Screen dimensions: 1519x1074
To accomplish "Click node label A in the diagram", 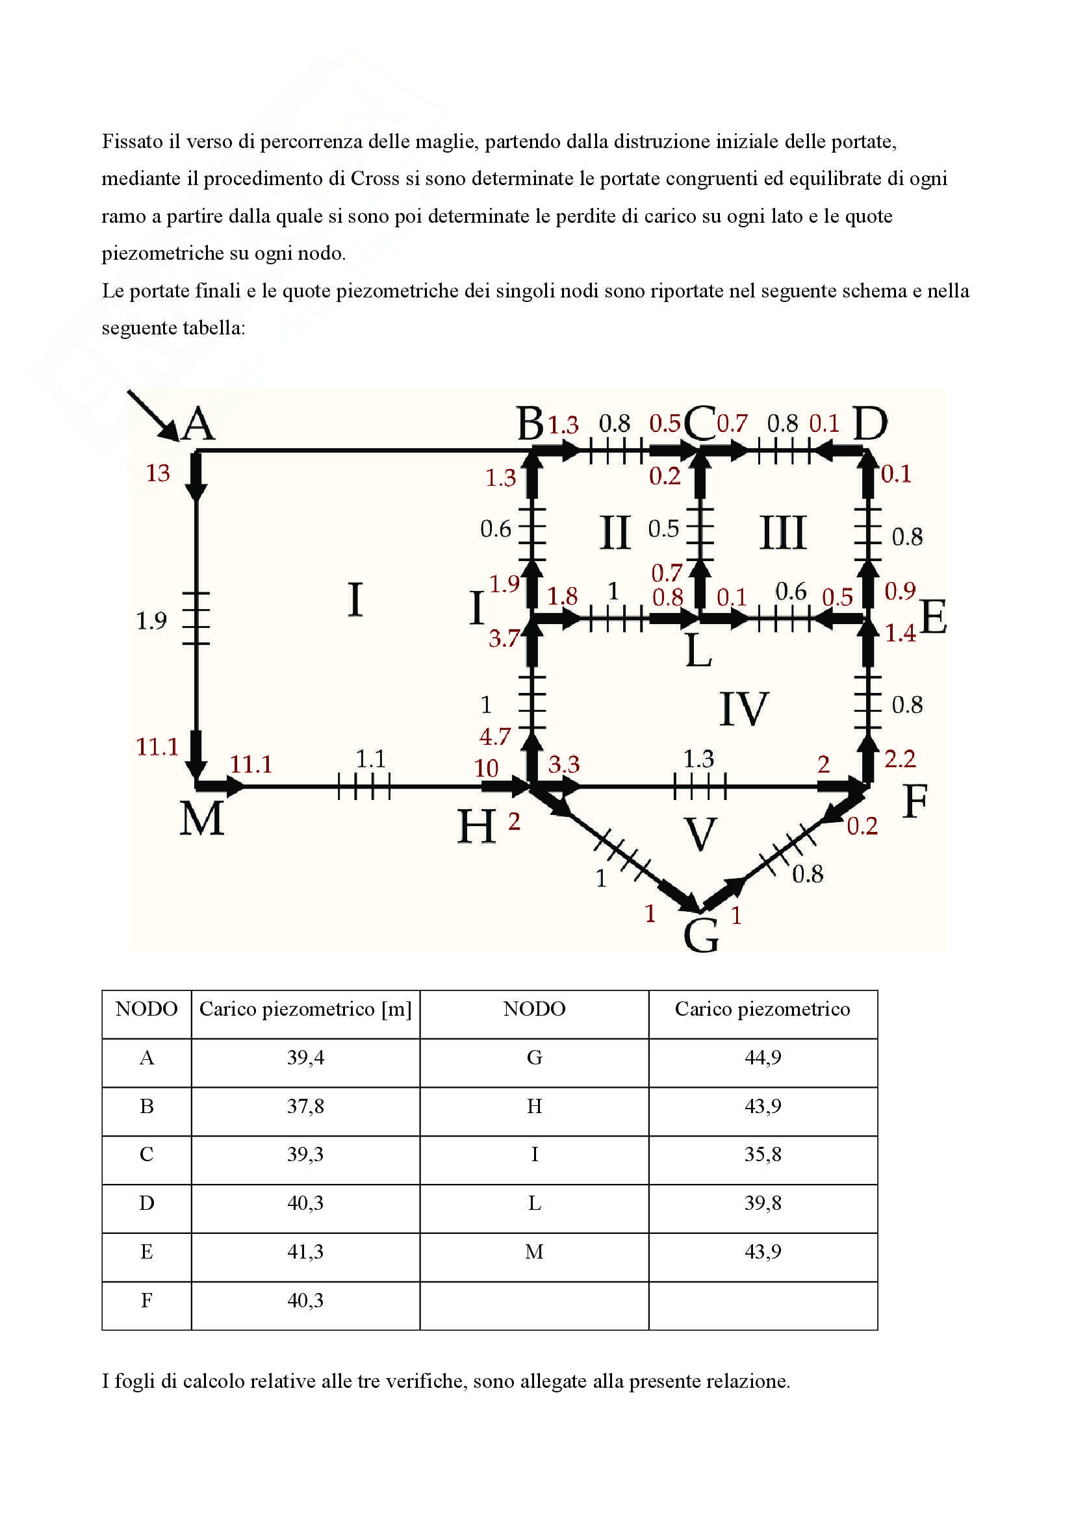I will [x=199, y=424].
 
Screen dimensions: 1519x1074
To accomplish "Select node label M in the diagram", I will [x=202, y=818].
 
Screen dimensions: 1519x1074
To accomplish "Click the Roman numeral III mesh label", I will [x=783, y=533].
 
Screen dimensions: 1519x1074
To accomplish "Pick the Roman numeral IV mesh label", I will [x=744, y=709].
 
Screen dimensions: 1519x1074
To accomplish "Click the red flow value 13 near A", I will [x=157, y=473].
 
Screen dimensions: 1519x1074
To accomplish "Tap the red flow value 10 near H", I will [x=486, y=768].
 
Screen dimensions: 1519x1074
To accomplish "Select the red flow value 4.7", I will [x=495, y=736].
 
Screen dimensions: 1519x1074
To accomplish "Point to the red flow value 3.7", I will [x=504, y=638].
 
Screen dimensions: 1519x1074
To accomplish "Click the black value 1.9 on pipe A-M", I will [x=151, y=621].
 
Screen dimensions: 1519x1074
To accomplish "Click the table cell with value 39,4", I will [x=305, y=1057].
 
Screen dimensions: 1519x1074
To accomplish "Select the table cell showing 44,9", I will [x=762, y=1057].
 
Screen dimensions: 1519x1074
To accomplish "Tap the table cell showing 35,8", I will [x=762, y=1155].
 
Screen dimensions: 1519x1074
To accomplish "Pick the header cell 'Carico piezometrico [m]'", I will [x=305, y=1009].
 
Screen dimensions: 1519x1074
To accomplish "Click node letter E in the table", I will [x=146, y=1251].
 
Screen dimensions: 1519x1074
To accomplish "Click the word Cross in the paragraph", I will [x=375, y=179].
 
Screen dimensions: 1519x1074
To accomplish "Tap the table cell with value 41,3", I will [x=305, y=1251].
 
